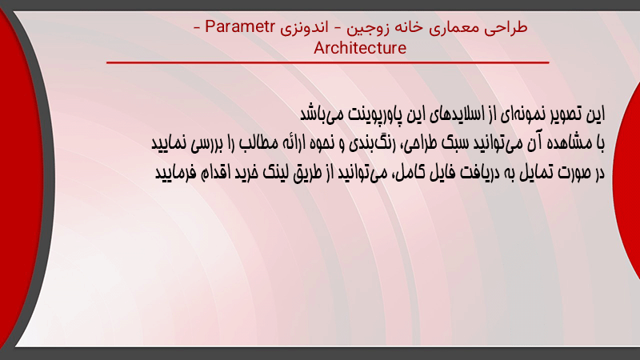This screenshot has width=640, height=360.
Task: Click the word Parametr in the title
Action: point(239,26)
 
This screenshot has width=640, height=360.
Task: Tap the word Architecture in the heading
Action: point(360,48)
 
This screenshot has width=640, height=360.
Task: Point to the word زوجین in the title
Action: point(366,28)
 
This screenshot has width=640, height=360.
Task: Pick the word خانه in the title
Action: point(408,27)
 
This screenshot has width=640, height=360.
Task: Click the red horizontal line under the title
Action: point(328,62)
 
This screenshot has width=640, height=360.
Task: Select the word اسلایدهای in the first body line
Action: point(457,114)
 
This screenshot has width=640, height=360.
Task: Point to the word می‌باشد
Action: point(322,114)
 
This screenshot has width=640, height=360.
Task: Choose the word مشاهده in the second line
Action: point(567,143)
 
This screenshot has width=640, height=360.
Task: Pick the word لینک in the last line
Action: point(276,173)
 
